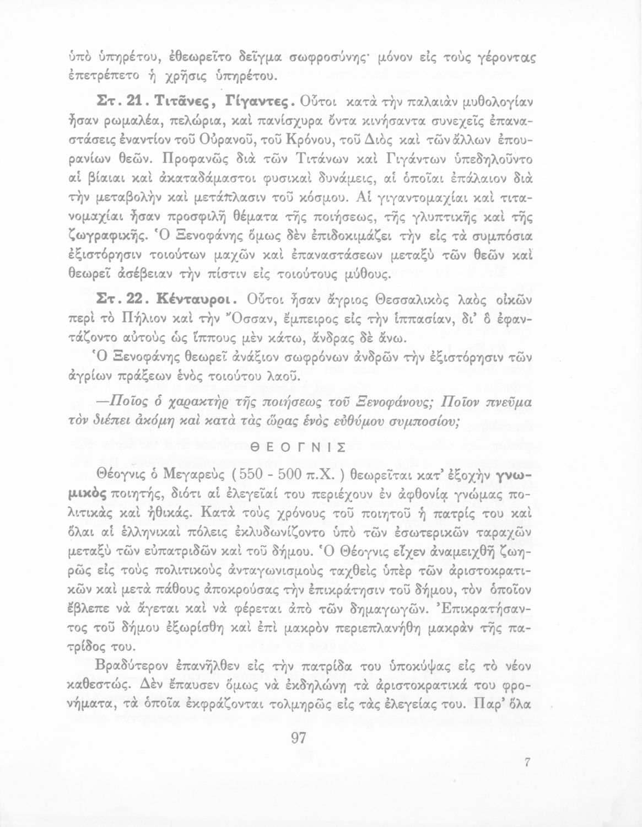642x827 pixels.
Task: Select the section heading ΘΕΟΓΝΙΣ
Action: (x=298, y=447)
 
